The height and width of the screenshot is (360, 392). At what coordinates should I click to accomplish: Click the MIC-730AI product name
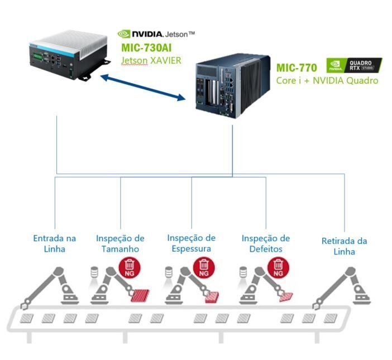click(x=146, y=47)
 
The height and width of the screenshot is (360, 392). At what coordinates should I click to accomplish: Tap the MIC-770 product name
click(x=297, y=68)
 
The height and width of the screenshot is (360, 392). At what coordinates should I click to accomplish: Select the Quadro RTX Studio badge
click(x=354, y=65)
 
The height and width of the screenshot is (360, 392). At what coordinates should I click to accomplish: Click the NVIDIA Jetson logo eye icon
click(x=124, y=34)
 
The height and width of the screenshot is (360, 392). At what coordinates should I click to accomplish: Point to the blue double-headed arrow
click(x=143, y=87)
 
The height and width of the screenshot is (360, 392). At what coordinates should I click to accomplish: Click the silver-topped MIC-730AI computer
click(x=69, y=55)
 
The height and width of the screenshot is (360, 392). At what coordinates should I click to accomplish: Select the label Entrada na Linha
click(x=55, y=243)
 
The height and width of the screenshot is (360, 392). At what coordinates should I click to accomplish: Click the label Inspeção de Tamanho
click(x=120, y=243)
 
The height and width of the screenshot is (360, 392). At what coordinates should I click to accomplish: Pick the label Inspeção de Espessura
click(x=191, y=243)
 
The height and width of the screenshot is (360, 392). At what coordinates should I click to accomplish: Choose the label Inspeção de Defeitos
click(x=266, y=243)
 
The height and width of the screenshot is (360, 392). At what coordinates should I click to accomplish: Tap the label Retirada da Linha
click(x=344, y=246)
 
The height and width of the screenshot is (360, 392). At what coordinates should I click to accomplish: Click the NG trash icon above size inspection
click(x=130, y=267)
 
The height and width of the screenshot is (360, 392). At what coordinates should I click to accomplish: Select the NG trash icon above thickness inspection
click(x=204, y=267)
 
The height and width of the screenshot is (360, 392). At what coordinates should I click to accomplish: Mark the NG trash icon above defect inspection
click(x=278, y=267)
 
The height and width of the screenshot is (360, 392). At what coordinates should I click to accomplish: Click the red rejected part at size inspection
click(x=140, y=296)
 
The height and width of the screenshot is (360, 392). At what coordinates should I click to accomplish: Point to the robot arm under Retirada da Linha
click(x=342, y=288)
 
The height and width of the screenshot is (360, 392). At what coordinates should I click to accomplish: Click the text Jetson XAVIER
click(x=151, y=60)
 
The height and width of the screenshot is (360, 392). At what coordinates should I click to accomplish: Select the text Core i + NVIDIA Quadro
click(x=327, y=80)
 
